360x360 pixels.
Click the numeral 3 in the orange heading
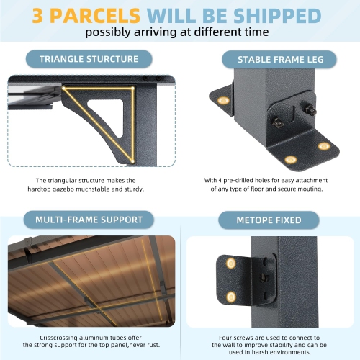pyautogui.click(x=37, y=16)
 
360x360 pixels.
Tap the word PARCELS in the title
pyautogui.click(x=95, y=16)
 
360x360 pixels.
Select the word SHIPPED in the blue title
pyautogui.click(x=277, y=16)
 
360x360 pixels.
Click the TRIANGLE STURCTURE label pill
pyautogui.click(x=89, y=59)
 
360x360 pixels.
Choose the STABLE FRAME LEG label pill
pyautogui.click(x=279, y=60)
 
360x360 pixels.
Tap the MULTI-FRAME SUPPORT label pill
pyautogui.click(x=89, y=220)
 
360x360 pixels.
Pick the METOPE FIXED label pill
pyautogui.click(x=269, y=220)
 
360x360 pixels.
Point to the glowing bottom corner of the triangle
pyautogui.click(x=132, y=161)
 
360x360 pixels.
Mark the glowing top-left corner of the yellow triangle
pyautogui.click(x=63, y=89)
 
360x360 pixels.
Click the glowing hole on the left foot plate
pyautogui.click(x=224, y=100)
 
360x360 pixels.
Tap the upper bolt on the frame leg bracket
pyautogui.click(x=309, y=109)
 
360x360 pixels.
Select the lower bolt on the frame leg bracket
pyautogui.click(x=278, y=122)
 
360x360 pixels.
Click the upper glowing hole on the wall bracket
pyautogui.click(x=231, y=264)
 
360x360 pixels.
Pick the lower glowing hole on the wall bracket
pyautogui.click(x=231, y=297)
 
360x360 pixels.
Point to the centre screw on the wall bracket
pyautogui.click(x=264, y=278)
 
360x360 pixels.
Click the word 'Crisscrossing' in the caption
pyautogui.click(x=58, y=338)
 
